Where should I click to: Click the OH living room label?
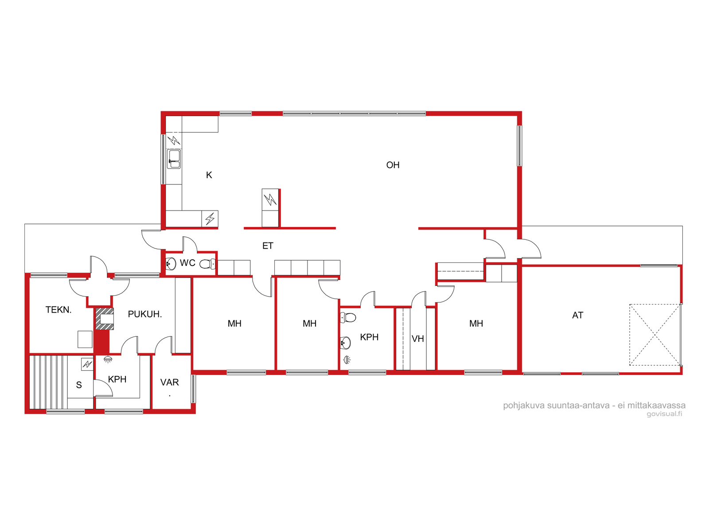(x=393, y=165)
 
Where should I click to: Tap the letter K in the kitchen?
(x=209, y=175)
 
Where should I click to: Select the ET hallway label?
(x=268, y=246)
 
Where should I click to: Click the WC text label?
(x=187, y=263)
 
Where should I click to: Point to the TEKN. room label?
(x=58, y=310)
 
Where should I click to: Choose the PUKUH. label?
(x=145, y=314)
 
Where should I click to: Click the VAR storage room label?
(x=170, y=383)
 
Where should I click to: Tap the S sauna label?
(x=79, y=385)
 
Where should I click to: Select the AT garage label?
(x=577, y=315)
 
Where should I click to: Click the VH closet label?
(x=418, y=339)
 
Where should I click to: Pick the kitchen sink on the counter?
(x=174, y=159)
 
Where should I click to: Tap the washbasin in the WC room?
(x=171, y=264)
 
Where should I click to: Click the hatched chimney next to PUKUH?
(x=105, y=319)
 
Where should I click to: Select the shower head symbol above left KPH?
(x=108, y=359)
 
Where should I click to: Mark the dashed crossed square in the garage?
(x=655, y=335)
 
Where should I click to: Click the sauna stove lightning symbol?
(x=87, y=364)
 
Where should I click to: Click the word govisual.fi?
(x=664, y=414)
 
